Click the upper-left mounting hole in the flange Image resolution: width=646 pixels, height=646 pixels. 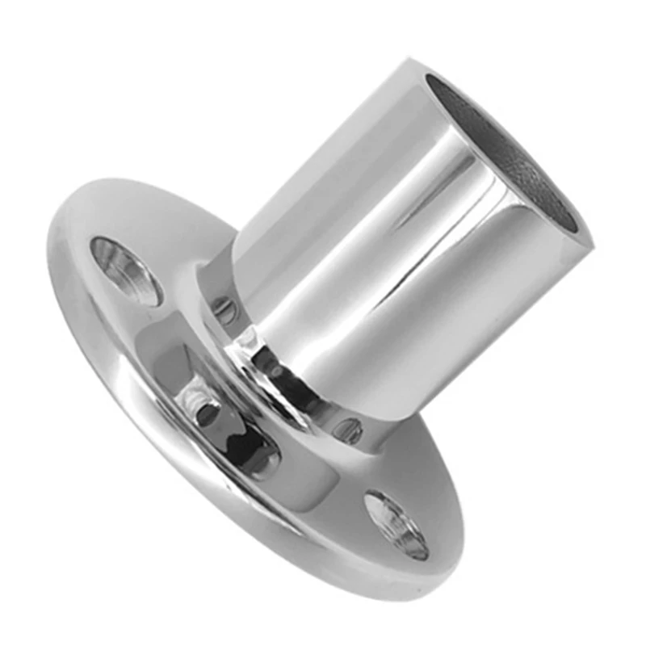[x=126, y=271]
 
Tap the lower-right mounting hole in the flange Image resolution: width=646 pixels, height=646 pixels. [x=396, y=525]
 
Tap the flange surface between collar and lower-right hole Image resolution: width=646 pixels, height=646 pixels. [x=380, y=476]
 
